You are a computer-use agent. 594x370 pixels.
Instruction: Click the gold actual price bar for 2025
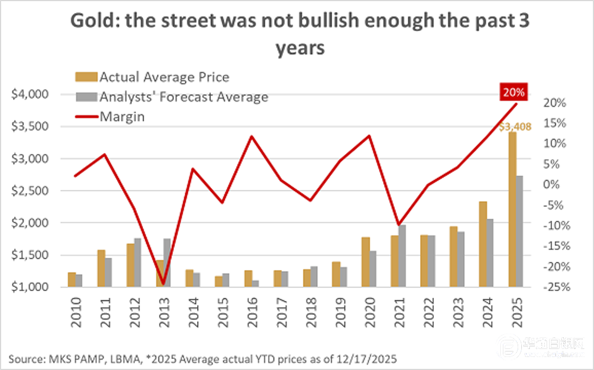(x=512, y=210)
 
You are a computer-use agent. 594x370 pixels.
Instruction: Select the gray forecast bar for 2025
(x=519, y=231)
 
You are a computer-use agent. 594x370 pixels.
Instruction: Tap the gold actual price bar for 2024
(x=482, y=244)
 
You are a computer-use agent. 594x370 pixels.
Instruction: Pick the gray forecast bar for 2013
(x=166, y=263)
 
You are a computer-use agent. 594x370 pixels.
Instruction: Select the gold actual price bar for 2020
(x=365, y=261)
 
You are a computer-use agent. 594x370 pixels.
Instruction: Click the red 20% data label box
(x=513, y=93)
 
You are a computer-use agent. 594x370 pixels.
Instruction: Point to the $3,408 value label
(x=513, y=127)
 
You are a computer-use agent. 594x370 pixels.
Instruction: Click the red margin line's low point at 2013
(x=163, y=284)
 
